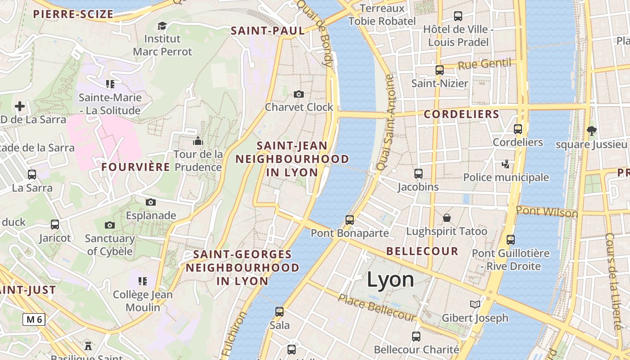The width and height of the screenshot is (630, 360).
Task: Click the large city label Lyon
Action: coord(390,279)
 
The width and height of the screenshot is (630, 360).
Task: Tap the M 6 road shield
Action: coord(34,319)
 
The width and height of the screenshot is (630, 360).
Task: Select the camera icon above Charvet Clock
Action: coord(298,94)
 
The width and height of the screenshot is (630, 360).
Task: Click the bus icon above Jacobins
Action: coord(418,173)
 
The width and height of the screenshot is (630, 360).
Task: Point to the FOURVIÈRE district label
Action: coord(136,167)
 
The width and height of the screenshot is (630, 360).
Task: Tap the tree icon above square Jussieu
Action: coord(591,131)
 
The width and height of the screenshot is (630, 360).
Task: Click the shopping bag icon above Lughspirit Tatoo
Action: coord(447,218)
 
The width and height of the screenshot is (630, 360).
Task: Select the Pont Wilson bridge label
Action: coord(547,211)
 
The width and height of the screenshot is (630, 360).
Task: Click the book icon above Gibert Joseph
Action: coord(475,304)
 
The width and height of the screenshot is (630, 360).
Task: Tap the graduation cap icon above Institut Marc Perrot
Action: coord(162,26)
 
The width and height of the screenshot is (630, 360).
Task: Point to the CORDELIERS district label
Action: coord(462,114)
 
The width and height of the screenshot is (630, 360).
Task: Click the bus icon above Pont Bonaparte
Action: coord(350,220)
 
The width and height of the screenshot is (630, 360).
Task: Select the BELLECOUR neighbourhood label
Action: coord(422,251)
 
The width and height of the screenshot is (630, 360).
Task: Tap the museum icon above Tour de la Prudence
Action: coord(198,141)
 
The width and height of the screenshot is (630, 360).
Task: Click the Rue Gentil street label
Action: coord(485,64)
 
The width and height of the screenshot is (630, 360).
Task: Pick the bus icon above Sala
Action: coord(279,311)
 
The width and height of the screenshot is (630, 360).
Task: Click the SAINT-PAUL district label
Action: coord(268,31)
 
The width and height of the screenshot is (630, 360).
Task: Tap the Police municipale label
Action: coord(506,177)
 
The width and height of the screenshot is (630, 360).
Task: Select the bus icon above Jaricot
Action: coord(55,225)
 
